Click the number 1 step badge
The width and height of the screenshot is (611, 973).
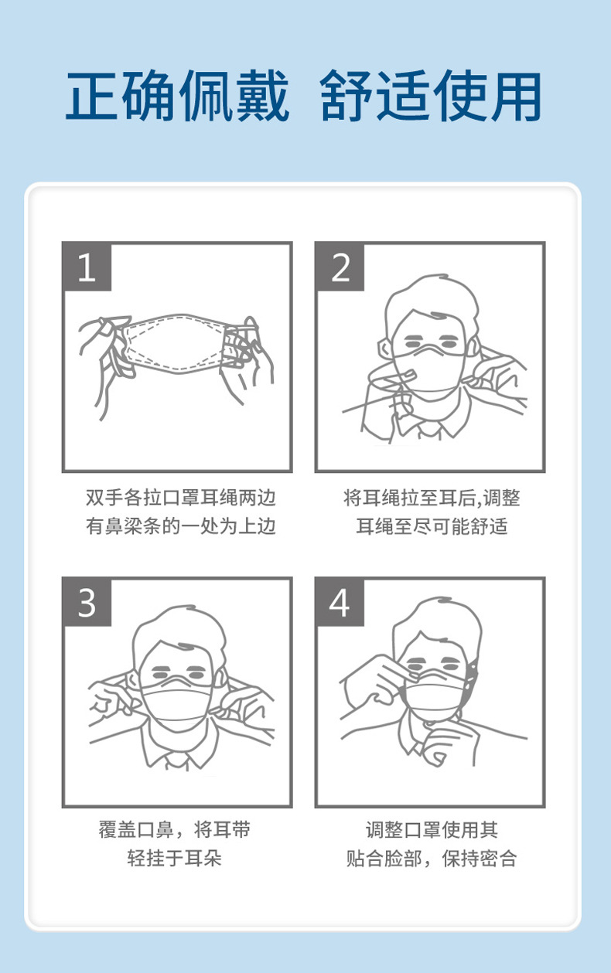click(87, 267)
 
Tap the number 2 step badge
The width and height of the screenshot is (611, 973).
click(340, 267)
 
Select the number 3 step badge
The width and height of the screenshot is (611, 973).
click(87, 602)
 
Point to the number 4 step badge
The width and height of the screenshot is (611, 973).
click(340, 602)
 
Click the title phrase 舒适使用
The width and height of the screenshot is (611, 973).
click(431, 97)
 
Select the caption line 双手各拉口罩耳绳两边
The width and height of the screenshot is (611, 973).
click(180, 498)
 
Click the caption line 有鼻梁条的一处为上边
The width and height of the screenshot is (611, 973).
click(180, 527)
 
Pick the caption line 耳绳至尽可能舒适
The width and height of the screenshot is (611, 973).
click(432, 527)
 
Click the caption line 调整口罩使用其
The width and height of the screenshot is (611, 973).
click(432, 831)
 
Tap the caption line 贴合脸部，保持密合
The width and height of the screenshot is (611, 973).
click(432, 859)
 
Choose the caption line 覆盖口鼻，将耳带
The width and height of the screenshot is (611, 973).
click(175, 831)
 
